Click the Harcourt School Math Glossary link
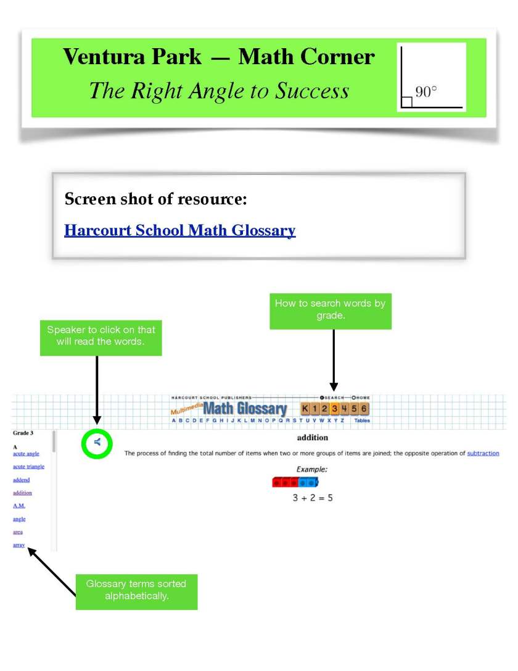[x=179, y=231]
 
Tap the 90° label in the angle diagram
[x=425, y=91]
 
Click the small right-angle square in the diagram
[x=406, y=102]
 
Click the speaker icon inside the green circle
[x=97, y=442]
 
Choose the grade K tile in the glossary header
[x=305, y=408]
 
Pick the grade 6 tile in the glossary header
[x=364, y=408]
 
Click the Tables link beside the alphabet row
[x=362, y=420]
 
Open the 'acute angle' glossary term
[x=26, y=454]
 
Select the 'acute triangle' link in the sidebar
[x=28, y=467]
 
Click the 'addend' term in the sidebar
[x=21, y=480]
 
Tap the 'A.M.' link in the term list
[x=19, y=506]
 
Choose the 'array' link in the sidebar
[x=18, y=545]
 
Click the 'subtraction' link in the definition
[x=483, y=453]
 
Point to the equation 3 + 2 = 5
[x=312, y=498]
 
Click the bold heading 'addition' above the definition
[x=312, y=438]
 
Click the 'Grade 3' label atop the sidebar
[x=23, y=433]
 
